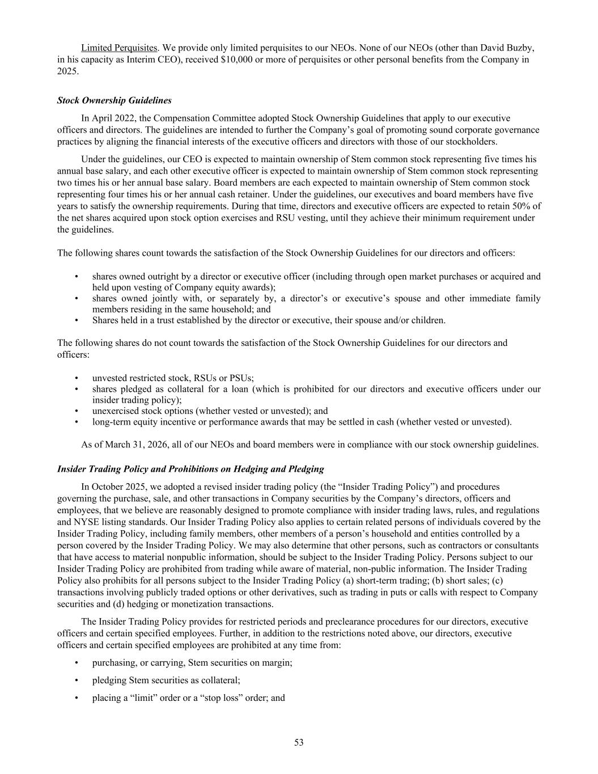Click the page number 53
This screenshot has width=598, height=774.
pos(299,742)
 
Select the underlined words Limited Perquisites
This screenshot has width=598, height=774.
pos(118,47)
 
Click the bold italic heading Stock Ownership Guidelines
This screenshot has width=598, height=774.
pos(114,100)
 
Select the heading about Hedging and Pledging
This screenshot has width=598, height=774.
pos(190,469)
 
